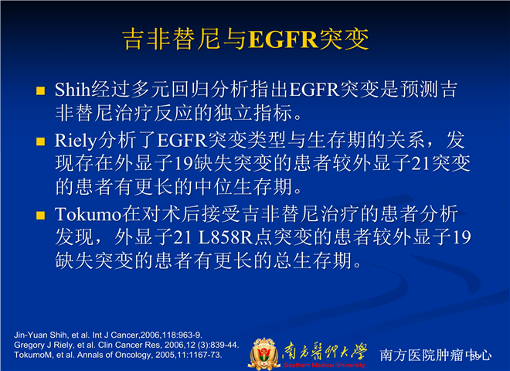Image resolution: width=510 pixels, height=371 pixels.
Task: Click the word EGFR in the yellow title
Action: pyautogui.click(x=283, y=39)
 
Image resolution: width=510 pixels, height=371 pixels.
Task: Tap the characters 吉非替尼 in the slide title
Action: pyautogui.click(x=172, y=39)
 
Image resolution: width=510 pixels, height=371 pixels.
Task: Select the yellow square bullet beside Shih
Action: pyautogui.click(x=41, y=90)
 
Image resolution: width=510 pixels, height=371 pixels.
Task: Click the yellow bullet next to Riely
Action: pyautogui.click(x=41, y=141)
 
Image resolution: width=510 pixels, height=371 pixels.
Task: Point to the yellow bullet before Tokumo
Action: pyautogui.click(x=41, y=216)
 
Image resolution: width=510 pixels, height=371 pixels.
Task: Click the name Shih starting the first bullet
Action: pyautogui.click(x=72, y=89)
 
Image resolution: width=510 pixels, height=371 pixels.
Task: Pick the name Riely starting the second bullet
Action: pyautogui.click(x=76, y=141)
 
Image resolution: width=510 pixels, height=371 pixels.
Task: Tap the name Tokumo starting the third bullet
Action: pyautogui.click(x=88, y=215)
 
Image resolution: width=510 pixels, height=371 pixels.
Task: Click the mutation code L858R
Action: pyautogui.click(x=226, y=237)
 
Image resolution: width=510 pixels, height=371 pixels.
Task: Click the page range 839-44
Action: pyautogui.click(x=226, y=345)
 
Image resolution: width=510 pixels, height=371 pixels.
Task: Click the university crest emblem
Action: pyautogui.click(x=264, y=354)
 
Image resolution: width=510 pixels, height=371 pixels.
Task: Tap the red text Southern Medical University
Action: pyautogui.click(x=325, y=365)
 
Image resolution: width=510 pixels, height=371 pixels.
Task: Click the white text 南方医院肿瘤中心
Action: pyautogui.click(x=435, y=355)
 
